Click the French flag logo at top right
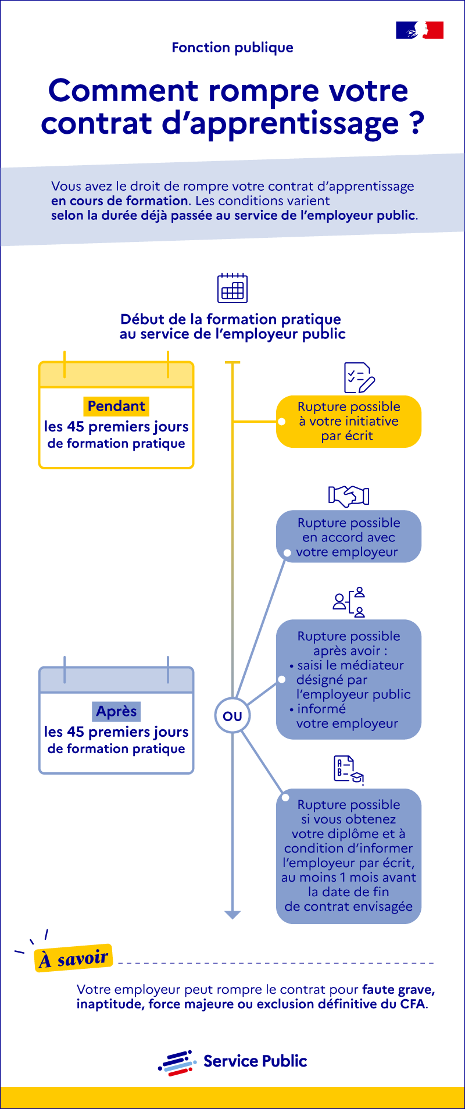coord(420,30)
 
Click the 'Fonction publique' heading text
coord(233,48)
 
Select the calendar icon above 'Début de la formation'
coord(233,288)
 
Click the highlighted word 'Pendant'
coord(116,406)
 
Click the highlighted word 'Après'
coord(116,711)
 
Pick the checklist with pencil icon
coord(359,379)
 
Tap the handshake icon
coord(349,495)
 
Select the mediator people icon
coord(349,602)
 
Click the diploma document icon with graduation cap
coord(349,771)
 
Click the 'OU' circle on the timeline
coord(233,716)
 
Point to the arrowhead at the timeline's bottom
coord(233,914)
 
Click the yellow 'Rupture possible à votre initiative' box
coord(349,422)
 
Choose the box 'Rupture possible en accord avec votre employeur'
coord(349,537)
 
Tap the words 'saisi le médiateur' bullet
coord(350,665)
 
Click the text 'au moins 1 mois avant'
coord(349,877)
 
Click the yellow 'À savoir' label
coord(74,958)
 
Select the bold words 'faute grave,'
coord(398,989)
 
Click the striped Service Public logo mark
coord(176,1062)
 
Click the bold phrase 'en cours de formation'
coord(119,201)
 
